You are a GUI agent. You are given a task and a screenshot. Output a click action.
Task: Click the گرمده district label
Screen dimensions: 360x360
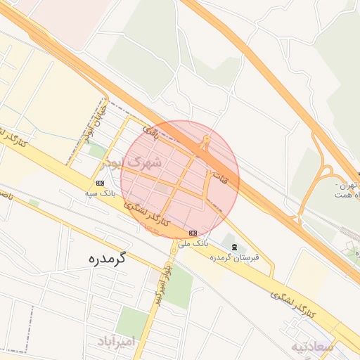click(x=107, y=258)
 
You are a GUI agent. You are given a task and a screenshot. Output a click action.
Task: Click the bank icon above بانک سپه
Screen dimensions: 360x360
click(x=99, y=183)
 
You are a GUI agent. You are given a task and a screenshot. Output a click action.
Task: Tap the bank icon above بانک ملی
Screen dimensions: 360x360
click(x=193, y=233)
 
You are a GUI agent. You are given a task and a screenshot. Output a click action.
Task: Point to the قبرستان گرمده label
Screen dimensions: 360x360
click(x=235, y=257)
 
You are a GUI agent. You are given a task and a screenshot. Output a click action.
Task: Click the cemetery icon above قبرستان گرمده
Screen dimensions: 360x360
click(x=233, y=246)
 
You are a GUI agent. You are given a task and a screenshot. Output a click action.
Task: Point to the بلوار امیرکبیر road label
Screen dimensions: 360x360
click(x=162, y=282)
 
